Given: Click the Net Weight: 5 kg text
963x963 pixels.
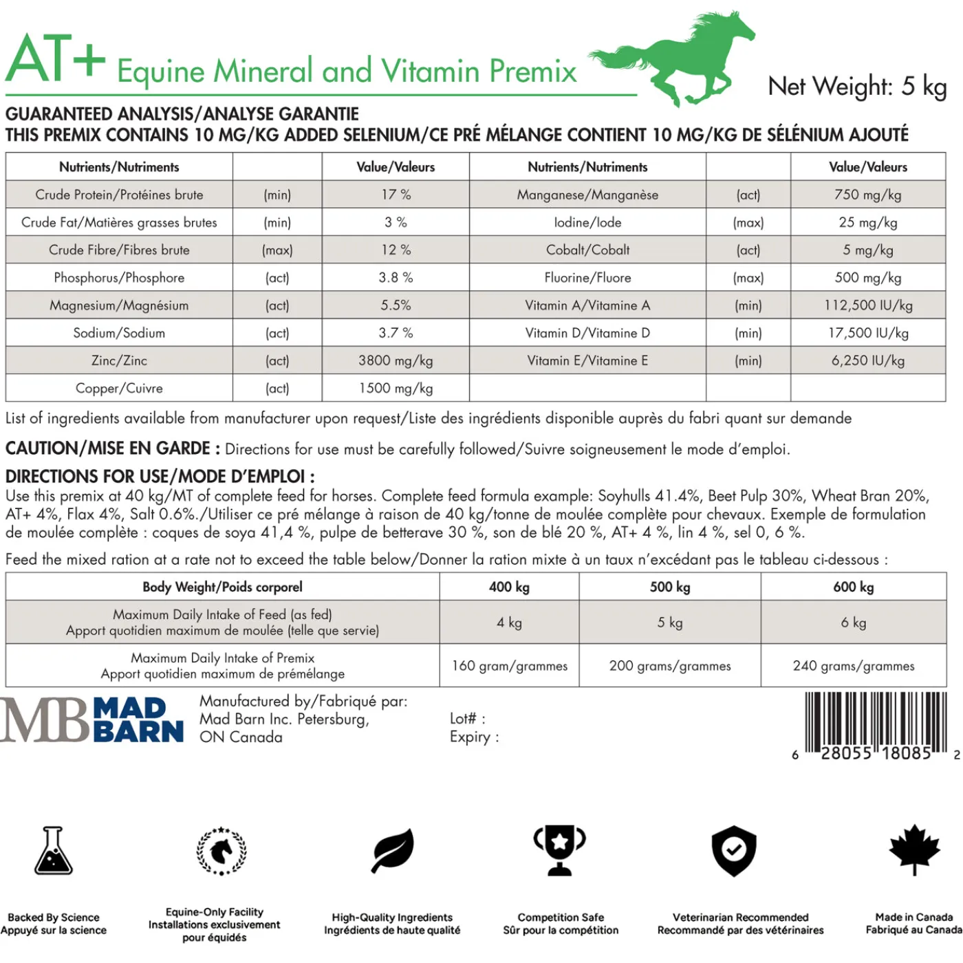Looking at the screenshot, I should (856, 87).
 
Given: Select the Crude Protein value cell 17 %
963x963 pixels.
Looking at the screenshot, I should (396, 195).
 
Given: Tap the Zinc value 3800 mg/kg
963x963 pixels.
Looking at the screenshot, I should (396, 360).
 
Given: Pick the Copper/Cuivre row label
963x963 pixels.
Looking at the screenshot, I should (119, 388).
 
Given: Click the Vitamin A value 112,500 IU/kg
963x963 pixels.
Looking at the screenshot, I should (868, 305).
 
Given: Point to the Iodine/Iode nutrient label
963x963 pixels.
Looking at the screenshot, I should (587, 222).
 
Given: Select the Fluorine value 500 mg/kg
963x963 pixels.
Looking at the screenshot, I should (868, 278).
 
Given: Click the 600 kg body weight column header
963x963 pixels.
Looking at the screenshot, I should (853, 587).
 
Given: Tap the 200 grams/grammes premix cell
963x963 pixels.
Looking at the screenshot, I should (670, 666).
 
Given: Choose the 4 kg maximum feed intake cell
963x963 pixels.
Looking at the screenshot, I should (509, 623).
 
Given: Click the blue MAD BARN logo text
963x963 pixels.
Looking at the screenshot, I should (138, 719).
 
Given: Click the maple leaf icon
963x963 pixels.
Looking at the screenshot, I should (914, 850).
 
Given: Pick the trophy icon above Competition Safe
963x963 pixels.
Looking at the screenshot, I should (560, 850).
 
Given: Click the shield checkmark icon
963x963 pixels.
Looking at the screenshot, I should (734, 850).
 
